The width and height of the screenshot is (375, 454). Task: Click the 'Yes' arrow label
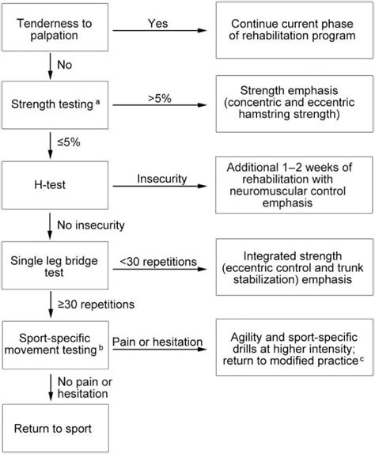pyautogui.click(x=158, y=23)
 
